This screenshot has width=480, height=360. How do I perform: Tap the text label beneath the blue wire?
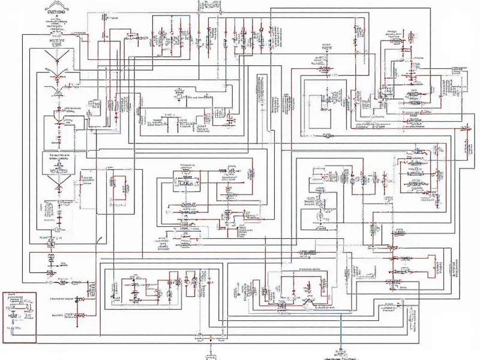pyautogui.click(x=340, y=353)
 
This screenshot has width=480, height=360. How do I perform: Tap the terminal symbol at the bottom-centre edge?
pyautogui.click(x=209, y=355)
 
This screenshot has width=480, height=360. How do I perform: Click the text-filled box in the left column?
pyautogui.click(x=58, y=163)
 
